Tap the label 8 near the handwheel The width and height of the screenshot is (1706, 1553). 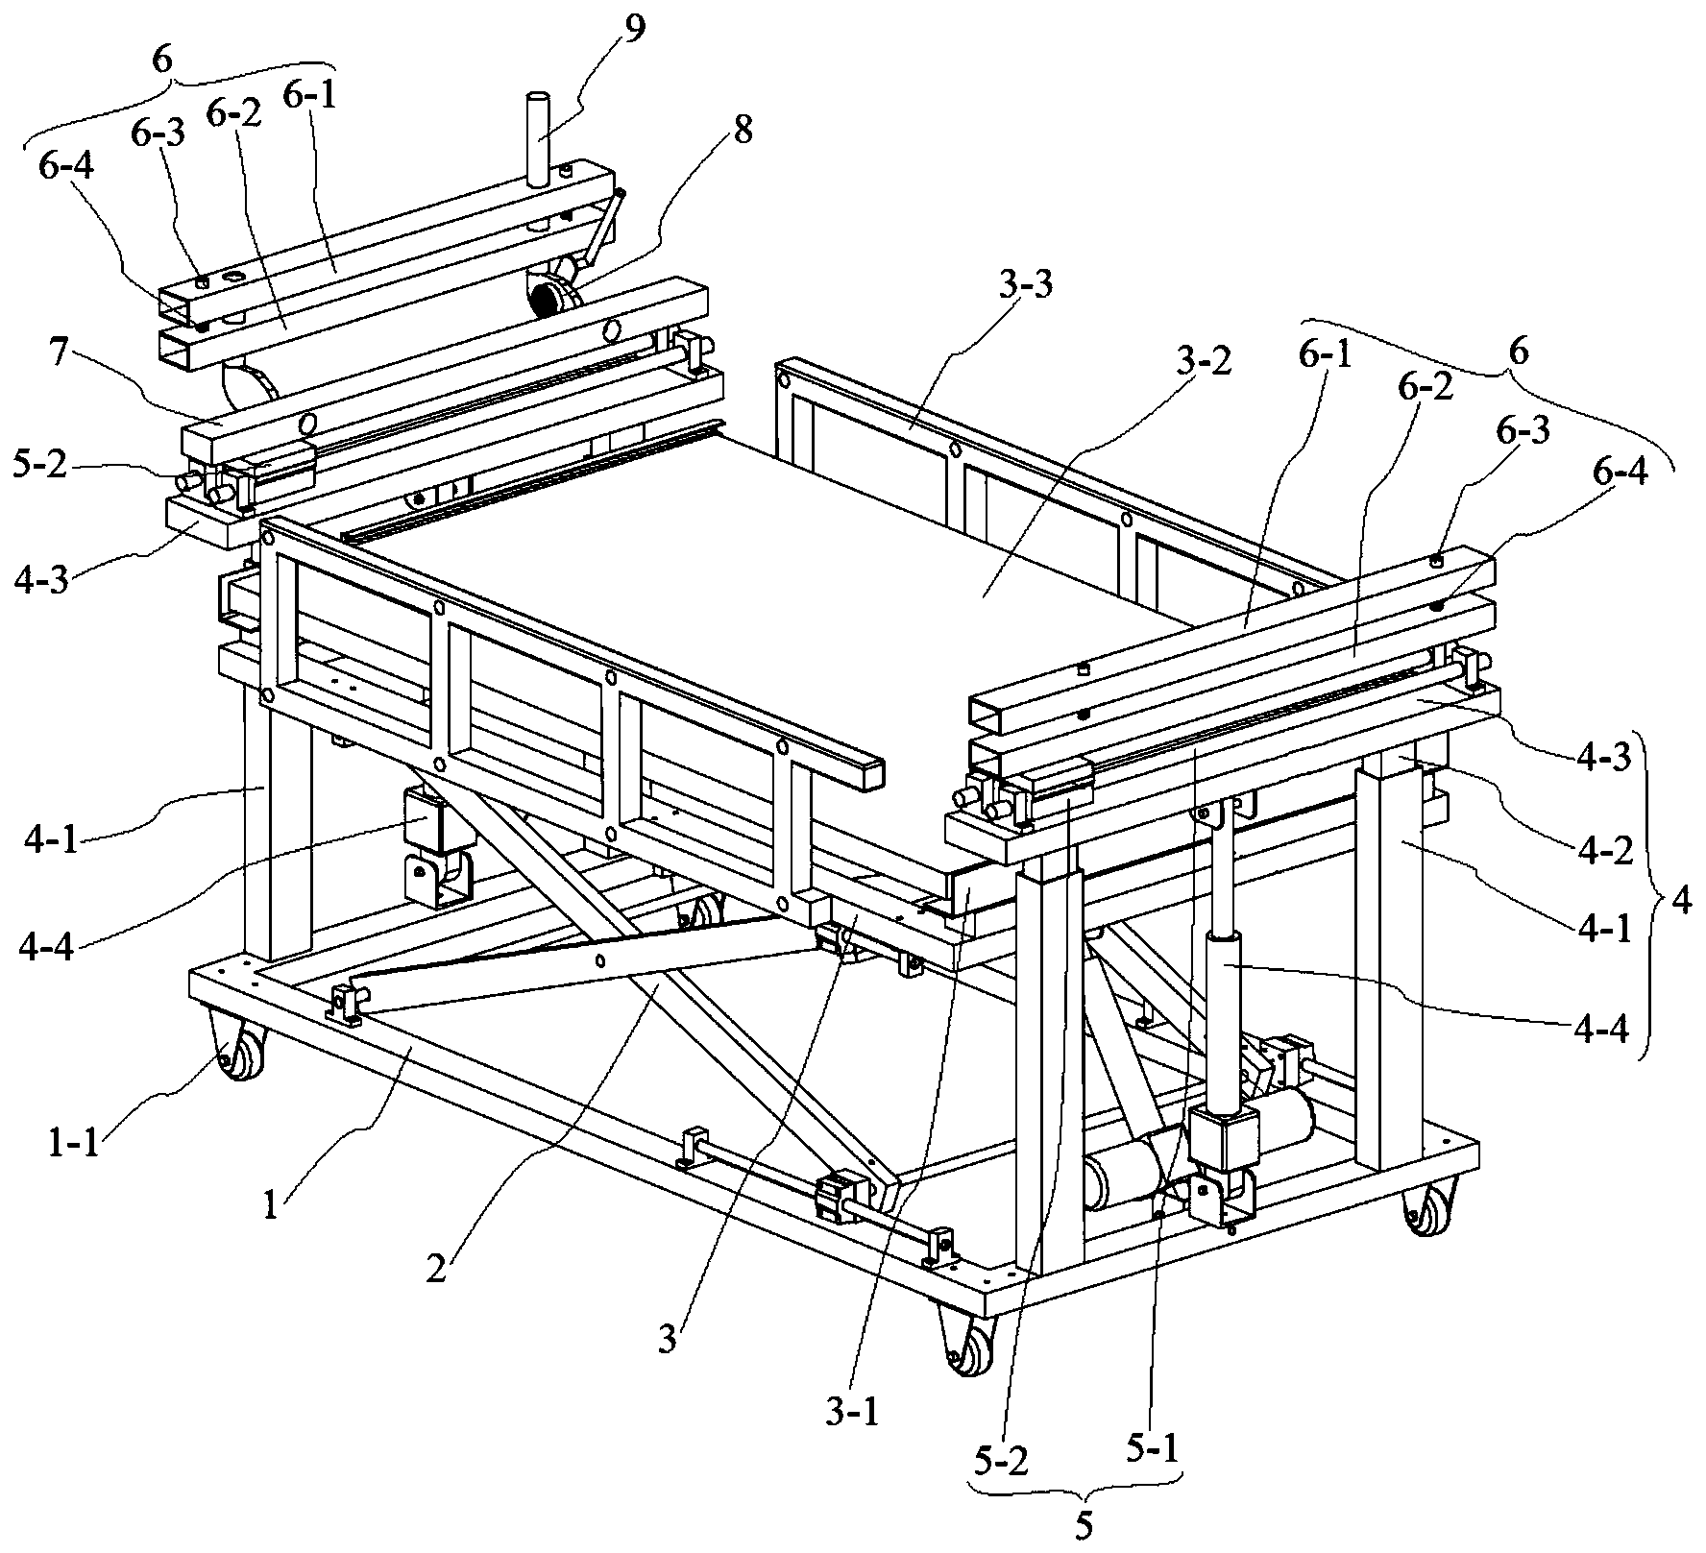click(743, 129)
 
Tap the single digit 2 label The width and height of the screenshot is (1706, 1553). click(436, 1270)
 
